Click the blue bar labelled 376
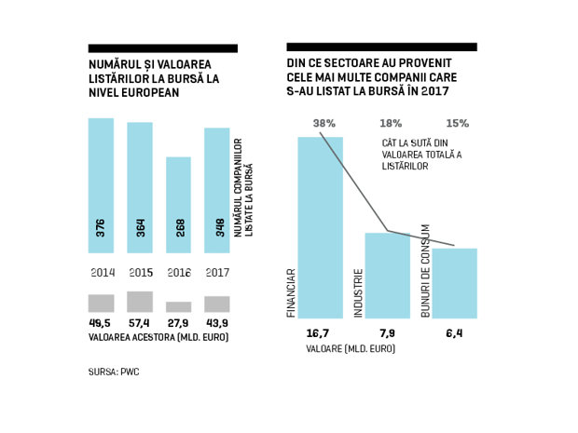tap(101, 185)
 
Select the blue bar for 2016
tap(178, 205)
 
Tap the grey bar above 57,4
tap(140, 302)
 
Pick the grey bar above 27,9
tap(178, 307)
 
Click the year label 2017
tap(217, 273)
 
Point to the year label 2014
tap(103, 273)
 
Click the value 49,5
tap(100, 323)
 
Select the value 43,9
tap(217, 323)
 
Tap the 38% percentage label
tap(324, 123)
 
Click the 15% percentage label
tap(458, 123)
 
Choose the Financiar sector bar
tap(321, 227)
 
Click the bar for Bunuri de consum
tap(455, 283)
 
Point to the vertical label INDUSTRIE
tap(358, 293)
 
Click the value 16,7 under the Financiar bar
tap(318, 333)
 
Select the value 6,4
tap(454, 333)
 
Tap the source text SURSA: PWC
tap(114, 372)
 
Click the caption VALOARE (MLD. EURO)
tap(351, 348)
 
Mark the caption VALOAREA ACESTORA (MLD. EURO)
tap(158, 337)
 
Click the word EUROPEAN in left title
tap(150, 92)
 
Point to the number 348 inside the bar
tap(220, 227)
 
